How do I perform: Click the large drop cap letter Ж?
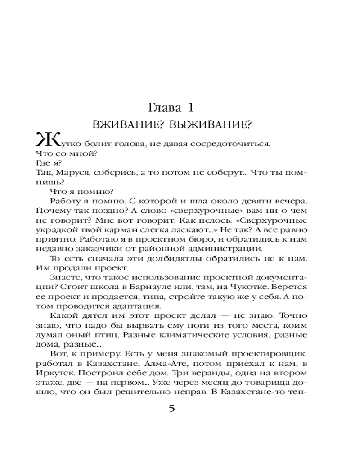[x=45, y=140]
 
